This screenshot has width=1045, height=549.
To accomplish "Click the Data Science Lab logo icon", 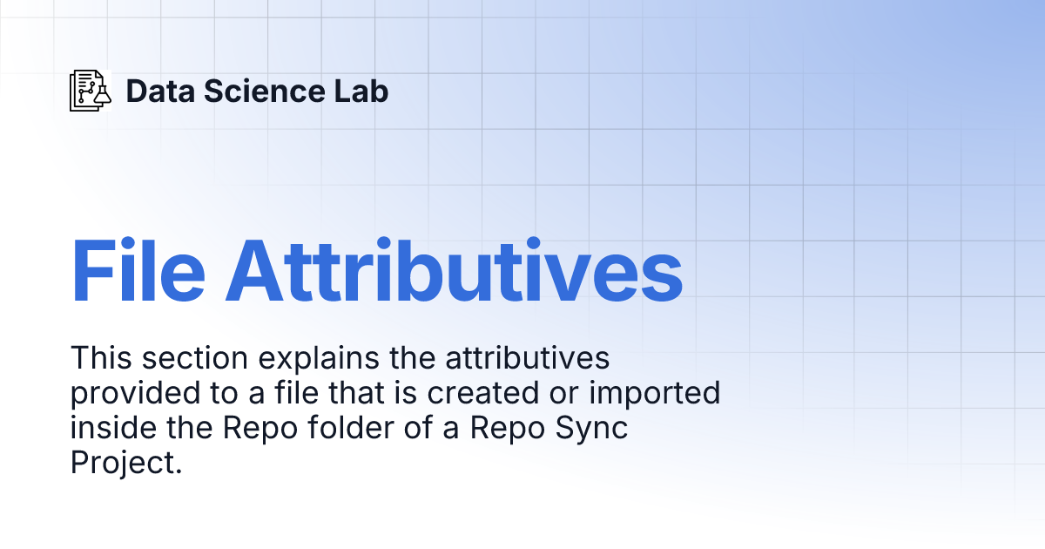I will tap(91, 91).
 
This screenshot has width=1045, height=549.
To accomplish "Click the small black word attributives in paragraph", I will tap(527, 358).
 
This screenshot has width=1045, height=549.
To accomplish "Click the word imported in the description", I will tap(655, 394).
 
